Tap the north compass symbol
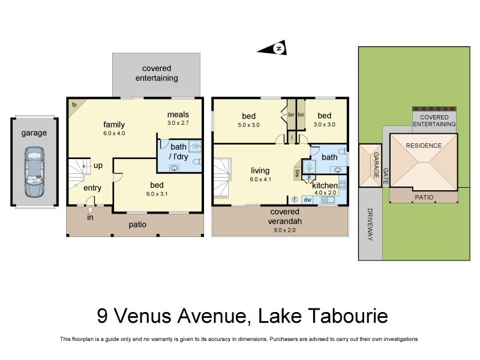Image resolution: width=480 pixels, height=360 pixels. (278, 48)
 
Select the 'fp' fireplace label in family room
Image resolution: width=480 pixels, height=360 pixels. (74, 104)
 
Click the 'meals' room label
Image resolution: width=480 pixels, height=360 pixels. (178, 114)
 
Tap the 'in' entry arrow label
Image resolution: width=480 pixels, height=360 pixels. (91, 218)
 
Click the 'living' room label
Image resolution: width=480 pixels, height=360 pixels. (260, 170)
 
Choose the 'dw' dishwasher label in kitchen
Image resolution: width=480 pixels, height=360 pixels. (307, 199)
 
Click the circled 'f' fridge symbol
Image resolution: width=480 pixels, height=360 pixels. (295, 199)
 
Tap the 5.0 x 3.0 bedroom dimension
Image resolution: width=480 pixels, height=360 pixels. (249, 125)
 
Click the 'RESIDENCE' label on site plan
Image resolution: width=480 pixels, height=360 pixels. (424, 145)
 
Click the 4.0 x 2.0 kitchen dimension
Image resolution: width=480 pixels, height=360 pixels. (325, 193)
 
